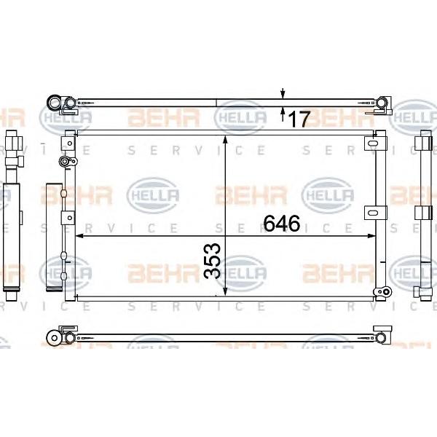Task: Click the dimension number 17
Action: click(299, 119)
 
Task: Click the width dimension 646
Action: click(282, 224)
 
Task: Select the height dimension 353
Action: click(213, 261)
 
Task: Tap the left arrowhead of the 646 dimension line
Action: click(79, 236)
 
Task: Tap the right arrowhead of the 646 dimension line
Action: click(371, 236)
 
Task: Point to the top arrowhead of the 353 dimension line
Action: click(226, 140)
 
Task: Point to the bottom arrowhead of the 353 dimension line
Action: click(226, 292)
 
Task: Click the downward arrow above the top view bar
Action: click(283, 93)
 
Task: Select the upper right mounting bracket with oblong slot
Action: click(375, 143)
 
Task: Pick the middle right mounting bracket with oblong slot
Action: click(375, 213)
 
